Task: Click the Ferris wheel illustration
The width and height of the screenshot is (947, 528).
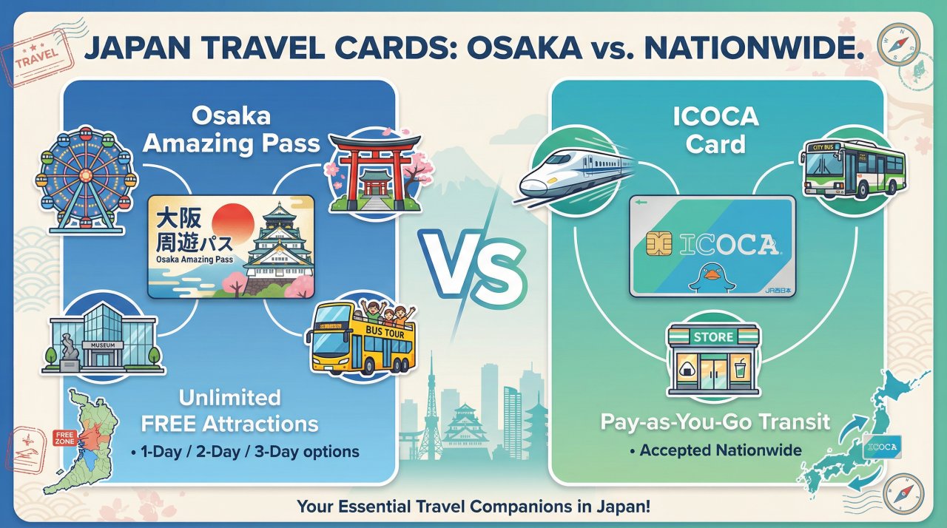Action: click(x=87, y=179)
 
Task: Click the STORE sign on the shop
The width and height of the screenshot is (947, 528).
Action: click(x=713, y=336)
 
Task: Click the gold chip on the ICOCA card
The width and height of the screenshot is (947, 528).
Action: click(x=658, y=244)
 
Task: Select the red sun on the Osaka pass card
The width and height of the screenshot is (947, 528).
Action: click(x=233, y=223)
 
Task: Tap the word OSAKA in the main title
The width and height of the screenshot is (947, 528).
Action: click(x=524, y=48)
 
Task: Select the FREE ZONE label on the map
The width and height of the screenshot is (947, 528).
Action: click(x=64, y=438)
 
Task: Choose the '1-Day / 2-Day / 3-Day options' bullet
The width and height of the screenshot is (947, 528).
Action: click(x=245, y=452)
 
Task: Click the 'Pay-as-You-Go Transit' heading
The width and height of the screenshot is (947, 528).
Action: click(x=715, y=422)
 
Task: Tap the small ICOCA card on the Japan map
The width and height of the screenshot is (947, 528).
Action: click(x=882, y=447)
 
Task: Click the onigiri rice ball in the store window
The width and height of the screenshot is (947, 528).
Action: click(x=686, y=370)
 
